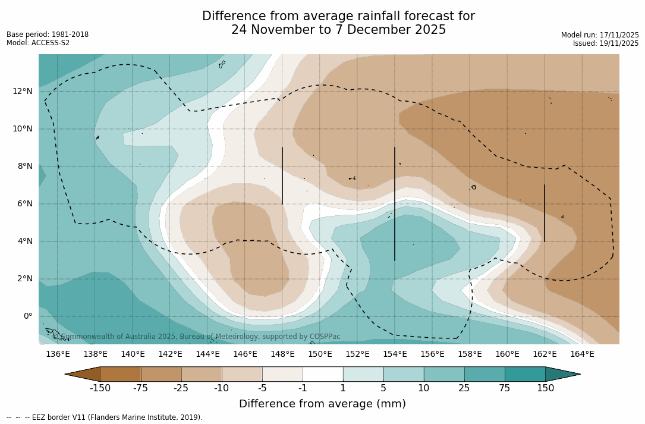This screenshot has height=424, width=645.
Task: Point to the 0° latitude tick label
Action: point(27,316)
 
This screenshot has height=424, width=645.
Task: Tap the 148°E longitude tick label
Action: point(282,354)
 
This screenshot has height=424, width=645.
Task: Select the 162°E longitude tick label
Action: point(545,354)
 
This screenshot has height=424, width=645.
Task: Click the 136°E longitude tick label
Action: point(58,354)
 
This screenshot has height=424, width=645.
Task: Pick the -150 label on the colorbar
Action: point(100,388)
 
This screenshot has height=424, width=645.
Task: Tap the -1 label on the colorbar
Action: point(303,388)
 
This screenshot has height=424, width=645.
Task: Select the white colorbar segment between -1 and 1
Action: point(323,374)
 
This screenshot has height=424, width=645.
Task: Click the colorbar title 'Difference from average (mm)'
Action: point(322,404)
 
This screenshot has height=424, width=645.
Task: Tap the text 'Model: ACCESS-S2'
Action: point(38,43)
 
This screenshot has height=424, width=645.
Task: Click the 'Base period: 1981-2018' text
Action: point(48,34)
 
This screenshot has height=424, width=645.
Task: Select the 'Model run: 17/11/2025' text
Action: point(600,35)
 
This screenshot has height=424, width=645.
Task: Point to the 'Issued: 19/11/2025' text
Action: point(606,43)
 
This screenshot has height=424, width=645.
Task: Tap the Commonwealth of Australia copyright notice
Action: point(196,337)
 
